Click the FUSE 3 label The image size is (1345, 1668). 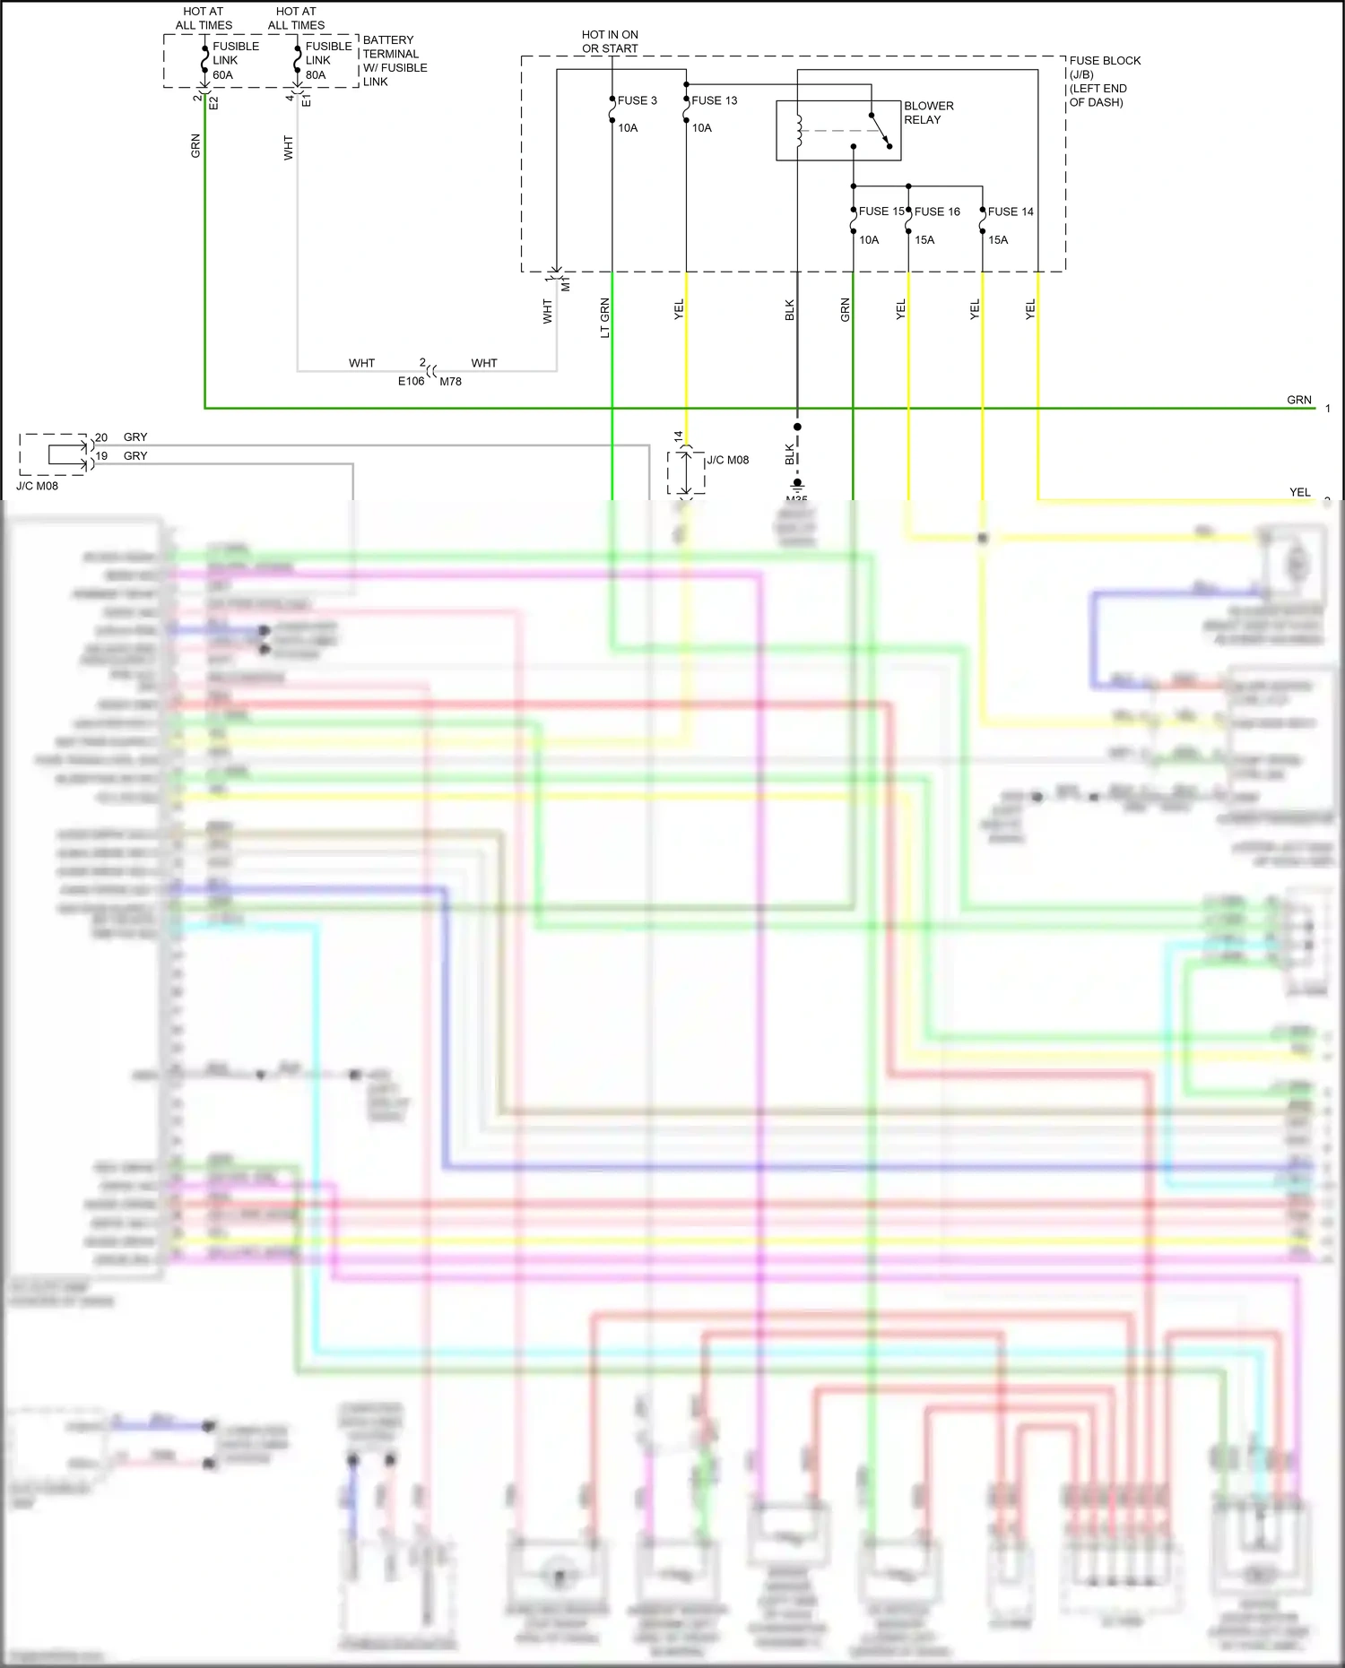pos(637,100)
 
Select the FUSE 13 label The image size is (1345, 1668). pos(714,100)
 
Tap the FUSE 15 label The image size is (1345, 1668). pos(881,212)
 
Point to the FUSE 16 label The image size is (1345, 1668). pos(937,212)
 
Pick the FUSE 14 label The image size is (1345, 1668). pos(1011,212)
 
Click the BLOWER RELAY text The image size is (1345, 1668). pos(928,113)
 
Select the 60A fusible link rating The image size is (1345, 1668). pos(222,75)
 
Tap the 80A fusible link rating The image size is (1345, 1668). pos(316,75)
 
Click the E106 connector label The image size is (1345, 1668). pos(411,381)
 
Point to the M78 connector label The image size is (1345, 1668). pos(450,381)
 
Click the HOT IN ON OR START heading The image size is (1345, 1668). pos(610,41)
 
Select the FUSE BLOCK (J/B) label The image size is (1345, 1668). pos(1104,67)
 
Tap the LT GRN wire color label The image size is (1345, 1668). pos(605,317)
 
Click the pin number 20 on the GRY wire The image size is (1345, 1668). pos(101,437)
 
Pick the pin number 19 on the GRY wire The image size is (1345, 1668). pos(101,456)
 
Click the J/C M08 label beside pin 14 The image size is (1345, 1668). pos(727,460)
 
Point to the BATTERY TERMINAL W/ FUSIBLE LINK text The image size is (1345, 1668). pos(395,61)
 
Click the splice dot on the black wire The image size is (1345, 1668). pos(797,427)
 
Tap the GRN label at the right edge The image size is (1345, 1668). pos(1298,400)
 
